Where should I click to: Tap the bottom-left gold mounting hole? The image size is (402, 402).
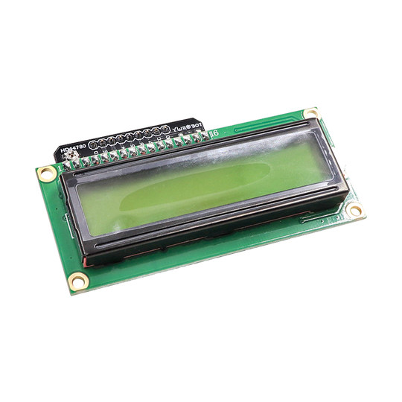tap(78, 281)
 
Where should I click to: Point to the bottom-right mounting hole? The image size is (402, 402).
tap(355, 211)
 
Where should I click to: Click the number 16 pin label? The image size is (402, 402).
tap(214, 133)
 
